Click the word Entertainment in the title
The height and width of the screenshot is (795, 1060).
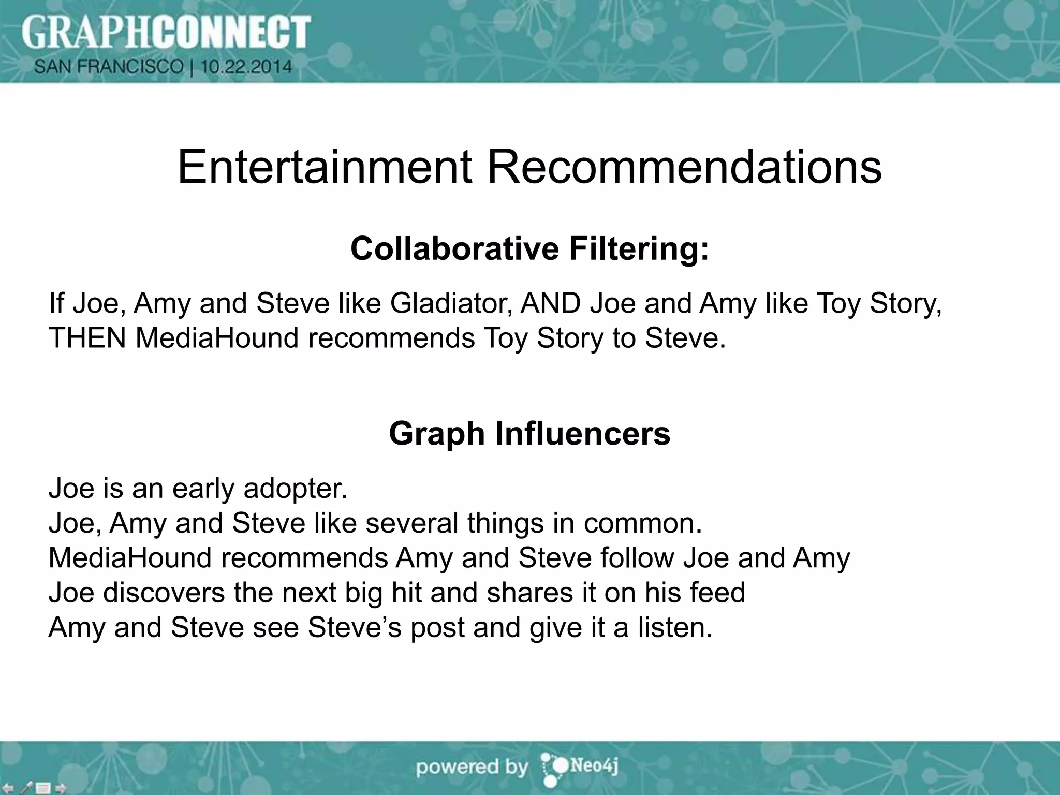pyautogui.click(x=325, y=167)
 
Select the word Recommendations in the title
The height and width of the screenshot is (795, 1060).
pyautogui.click(x=684, y=167)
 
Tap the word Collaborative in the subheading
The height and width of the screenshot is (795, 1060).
pyautogui.click(x=455, y=248)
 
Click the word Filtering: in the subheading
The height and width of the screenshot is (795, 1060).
pyautogui.click(x=639, y=249)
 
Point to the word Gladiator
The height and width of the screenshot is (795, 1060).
pyautogui.click(x=451, y=303)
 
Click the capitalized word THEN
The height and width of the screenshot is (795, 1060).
pyautogui.click(x=87, y=338)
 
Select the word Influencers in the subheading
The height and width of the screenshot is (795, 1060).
pyautogui.click(x=582, y=433)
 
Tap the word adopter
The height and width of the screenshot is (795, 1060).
pyautogui.click(x=295, y=489)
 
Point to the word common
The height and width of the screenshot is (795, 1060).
pyautogui.click(x=643, y=523)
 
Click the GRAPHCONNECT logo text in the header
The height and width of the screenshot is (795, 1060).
pyautogui.click(x=166, y=32)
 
